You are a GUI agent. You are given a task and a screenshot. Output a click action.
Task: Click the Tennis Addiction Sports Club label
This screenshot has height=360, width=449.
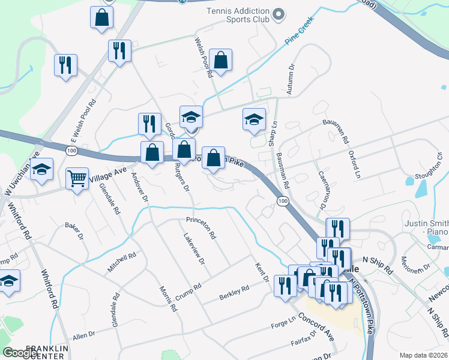click(x=231, y=16)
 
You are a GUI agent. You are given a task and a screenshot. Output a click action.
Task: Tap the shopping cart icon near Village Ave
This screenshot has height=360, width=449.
click(x=77, y=178)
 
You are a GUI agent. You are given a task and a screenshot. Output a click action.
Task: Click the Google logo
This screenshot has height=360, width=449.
click(x=20, y=353)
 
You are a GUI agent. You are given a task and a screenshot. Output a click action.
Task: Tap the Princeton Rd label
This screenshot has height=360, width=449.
click(x=200, y=228)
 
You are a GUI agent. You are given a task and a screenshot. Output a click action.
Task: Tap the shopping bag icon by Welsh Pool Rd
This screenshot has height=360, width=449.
click(x=221, y=60)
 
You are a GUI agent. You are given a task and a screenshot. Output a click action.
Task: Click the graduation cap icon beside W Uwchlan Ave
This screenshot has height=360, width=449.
click(x=42, y=170)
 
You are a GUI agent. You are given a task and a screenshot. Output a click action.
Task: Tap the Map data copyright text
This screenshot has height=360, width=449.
click(x=424, y=355)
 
